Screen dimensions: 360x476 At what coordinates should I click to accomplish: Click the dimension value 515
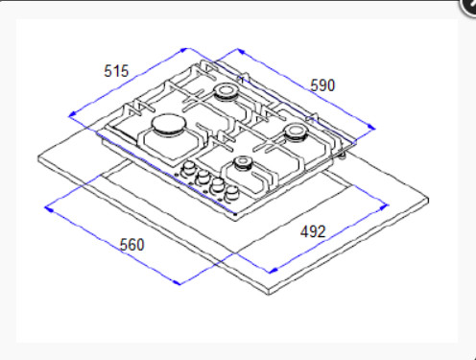point(116,71)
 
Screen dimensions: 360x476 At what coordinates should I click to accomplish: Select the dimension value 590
point(322,85)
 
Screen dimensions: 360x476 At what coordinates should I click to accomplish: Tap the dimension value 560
point(131,245)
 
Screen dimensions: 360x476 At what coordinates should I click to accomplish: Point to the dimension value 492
point(313,230)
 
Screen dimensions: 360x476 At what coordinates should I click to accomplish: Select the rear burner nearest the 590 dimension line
point(227,92)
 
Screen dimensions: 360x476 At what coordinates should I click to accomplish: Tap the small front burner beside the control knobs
point(245,164)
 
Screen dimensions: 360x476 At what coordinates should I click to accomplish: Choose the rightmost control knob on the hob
point(231,195)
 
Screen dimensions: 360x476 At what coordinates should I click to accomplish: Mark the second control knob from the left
point(202,180)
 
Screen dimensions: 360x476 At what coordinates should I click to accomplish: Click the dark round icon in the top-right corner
point(468,5)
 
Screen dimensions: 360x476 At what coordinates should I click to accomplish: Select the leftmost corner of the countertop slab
point(36,155)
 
